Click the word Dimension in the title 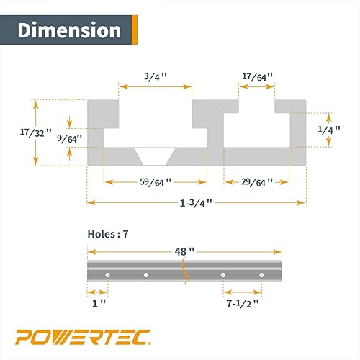[69, 30]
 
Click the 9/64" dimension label [69, 137]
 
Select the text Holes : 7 [112, 233]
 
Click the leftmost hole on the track [107, 275]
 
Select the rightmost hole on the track [262, 275]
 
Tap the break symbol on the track [184, 273]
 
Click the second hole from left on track [146, 275]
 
